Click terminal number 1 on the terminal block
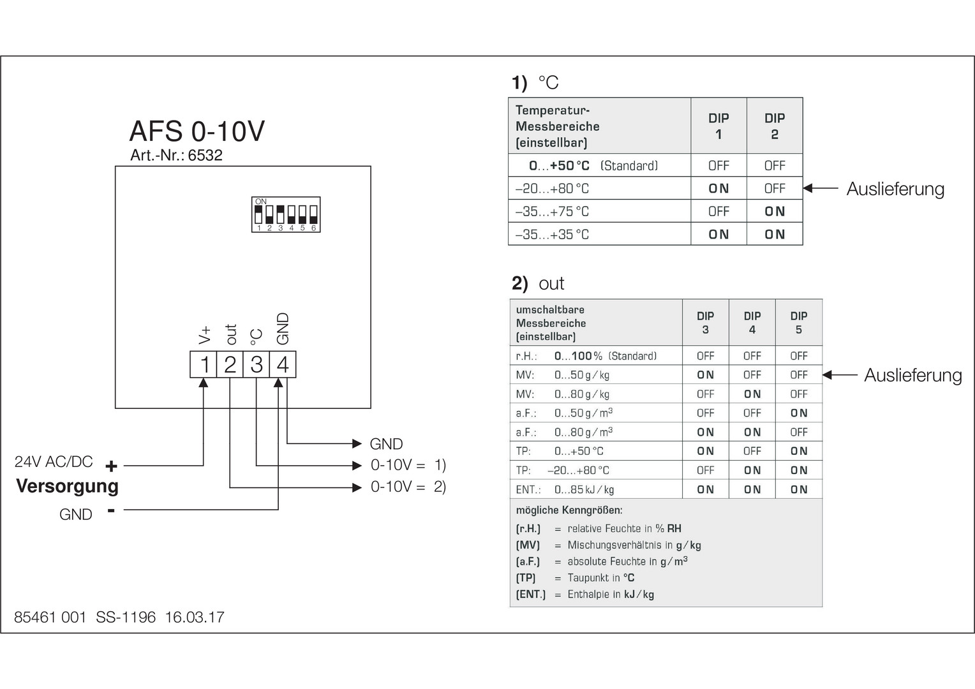204,364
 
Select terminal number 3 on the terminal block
257,364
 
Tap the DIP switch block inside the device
286,214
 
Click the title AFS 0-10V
197,131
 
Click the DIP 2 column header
774,126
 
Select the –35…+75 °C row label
552,211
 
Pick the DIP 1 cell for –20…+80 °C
718,188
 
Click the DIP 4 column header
752,322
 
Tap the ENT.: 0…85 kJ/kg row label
565,489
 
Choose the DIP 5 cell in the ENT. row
799,489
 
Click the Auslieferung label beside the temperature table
895,189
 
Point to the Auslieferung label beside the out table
912,375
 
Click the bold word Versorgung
67,486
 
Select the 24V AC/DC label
54,461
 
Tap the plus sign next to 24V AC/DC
111,466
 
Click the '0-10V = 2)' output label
408,487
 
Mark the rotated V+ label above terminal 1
205,334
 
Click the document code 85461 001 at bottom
50,617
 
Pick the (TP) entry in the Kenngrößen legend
526,577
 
